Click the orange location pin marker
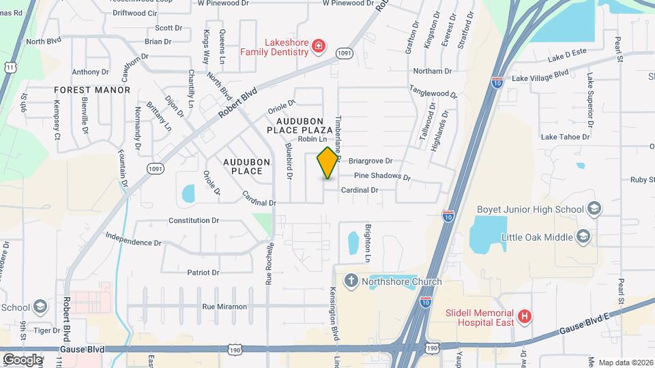(x=328, y=163)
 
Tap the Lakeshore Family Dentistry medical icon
(x=318, y=46)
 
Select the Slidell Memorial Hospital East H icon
(x=524, y=316)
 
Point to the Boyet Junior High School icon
(x=594, y=209)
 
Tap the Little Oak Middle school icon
(x=583, y=236)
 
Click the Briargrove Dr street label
(x=370, y=162)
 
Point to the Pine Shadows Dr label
(x=382, y=176)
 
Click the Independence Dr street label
(x=134, y=239)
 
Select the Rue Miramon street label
(x=225, y=307)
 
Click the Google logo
(x=22, y=359)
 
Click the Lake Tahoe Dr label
(x=565, y=137)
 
